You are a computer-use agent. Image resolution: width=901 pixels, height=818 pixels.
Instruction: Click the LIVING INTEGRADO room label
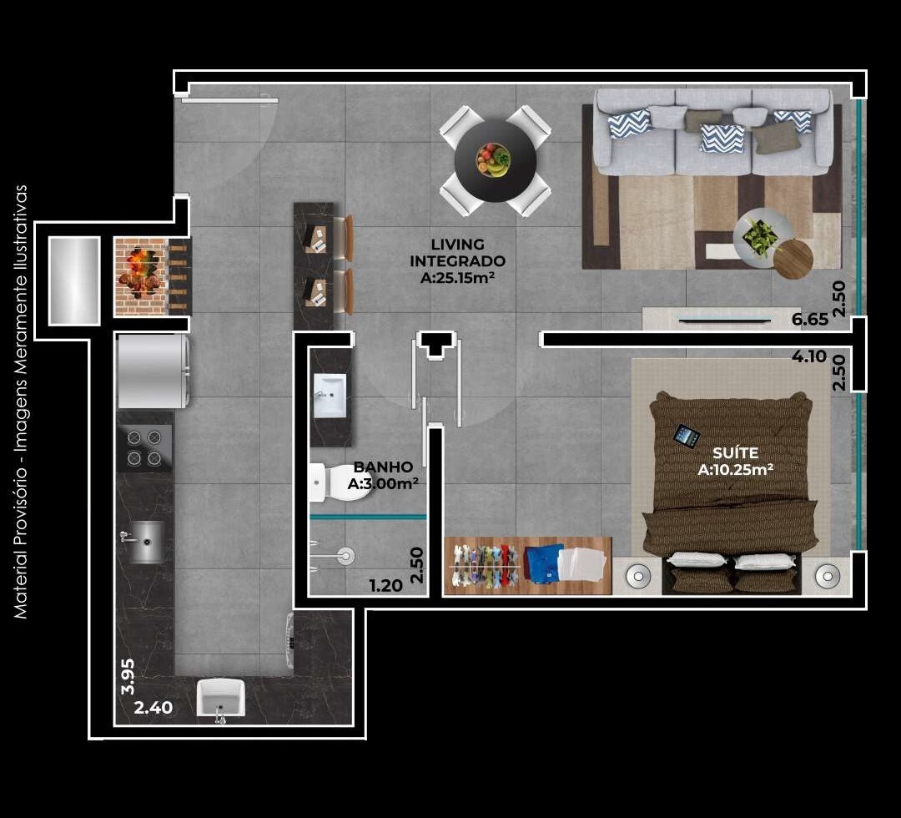click(458, 260)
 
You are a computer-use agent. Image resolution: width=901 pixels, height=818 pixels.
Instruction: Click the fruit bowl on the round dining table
click(494, 159)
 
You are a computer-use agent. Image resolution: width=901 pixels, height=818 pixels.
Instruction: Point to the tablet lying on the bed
click(687, 436)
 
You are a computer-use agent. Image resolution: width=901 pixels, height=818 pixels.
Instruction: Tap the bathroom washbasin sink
click(330, 395)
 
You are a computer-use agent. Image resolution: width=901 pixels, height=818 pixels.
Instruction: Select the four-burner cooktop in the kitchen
click(144, 447)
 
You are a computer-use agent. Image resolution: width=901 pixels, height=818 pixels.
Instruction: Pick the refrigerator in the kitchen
click(153, 371)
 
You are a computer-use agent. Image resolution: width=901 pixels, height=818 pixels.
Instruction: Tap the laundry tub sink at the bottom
click(221, 698)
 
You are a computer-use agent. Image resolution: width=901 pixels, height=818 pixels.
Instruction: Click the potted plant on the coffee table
click(761, 236)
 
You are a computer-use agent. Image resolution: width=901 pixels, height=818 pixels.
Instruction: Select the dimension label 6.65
click(809, 319)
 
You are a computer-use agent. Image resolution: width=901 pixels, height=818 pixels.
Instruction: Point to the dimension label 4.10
click(808, 356)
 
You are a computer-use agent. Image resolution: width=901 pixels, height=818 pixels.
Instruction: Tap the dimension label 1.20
click(385, 585)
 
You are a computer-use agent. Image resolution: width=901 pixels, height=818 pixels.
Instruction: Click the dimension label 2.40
click(154, 708)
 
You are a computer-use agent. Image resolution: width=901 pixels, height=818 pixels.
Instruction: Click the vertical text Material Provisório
click(21, 401)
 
